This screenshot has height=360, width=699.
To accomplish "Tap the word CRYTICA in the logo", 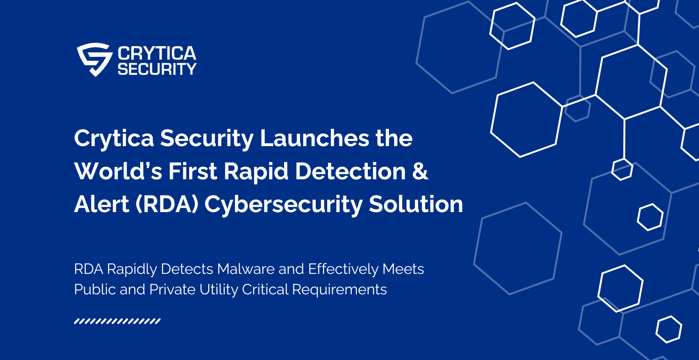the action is pyautogui.click(x=157, y=54).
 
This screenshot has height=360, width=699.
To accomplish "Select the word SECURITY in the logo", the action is pyautogui.click(x=157, y=69).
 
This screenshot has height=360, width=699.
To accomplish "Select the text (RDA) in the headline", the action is pyautogui.click(x=167, y=204).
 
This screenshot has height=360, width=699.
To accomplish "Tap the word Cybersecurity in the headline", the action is pyautogui.click(x=283, y=205).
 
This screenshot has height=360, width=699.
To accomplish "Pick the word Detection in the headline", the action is pyautogui.click(x=350, y=171).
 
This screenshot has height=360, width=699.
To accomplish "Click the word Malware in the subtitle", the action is pyautogui.click(x=246, y=269).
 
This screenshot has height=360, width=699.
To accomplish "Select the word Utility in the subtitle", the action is pyautogui.click(x=219, y=290).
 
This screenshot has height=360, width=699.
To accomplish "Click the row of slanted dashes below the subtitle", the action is pyautogui.click(x=117, y=321).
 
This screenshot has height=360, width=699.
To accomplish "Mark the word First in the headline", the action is pyautogui.click(x=192, y=171).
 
